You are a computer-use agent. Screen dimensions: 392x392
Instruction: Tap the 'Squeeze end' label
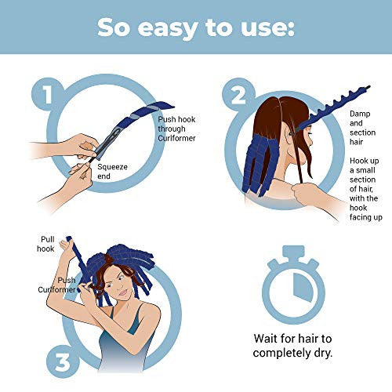[x=112, y=171]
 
